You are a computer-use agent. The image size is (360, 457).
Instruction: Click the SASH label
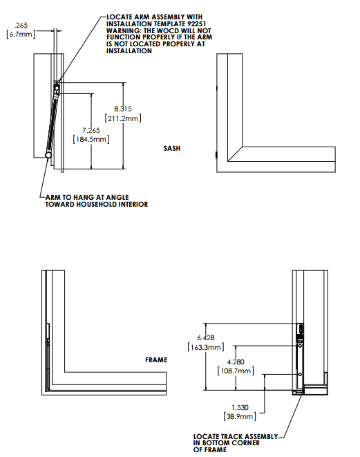172,148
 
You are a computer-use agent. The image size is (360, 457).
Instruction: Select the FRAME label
156,360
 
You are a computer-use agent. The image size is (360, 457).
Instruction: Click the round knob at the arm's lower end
48,157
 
